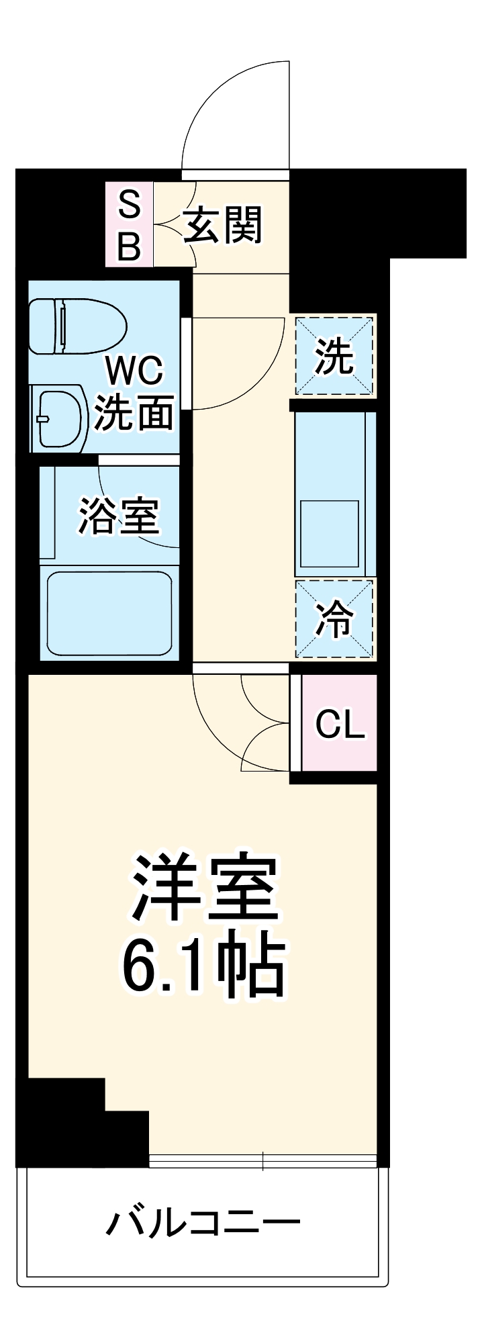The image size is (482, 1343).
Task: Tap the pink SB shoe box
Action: tap(129, 224)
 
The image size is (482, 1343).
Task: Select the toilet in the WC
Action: tap(77, 326)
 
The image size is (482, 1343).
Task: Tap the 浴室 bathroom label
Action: tap(119, 516)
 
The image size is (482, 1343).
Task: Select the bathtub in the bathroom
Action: tap(109, 612)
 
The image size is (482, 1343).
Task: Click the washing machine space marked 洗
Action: tap(334, 357)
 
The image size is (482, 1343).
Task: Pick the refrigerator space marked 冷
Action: tap(334, 618)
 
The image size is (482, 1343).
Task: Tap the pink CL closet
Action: tap(340, 723)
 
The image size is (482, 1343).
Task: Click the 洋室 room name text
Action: tap(205, 888)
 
